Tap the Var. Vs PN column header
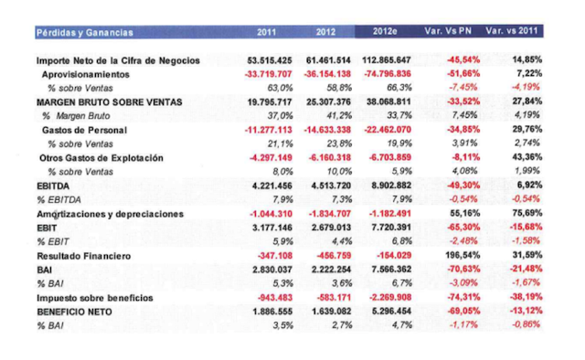452,32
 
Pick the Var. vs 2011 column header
514,32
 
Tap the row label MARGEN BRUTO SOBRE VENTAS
105,102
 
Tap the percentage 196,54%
463,255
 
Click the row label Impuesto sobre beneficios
95,298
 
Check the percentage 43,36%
526,157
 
